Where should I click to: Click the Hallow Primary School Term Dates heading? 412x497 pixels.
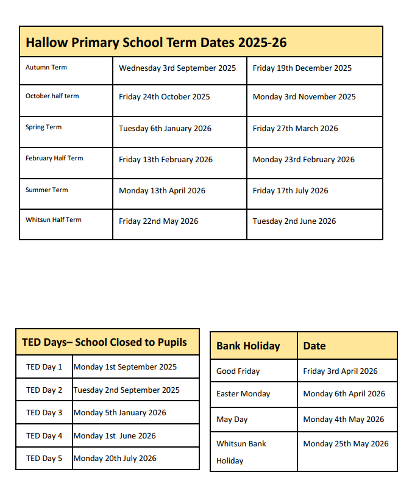(x=156, y=43)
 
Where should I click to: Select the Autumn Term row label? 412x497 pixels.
(x=46, y=68)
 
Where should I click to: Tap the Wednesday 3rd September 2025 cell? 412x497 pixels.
(x=177, y=68)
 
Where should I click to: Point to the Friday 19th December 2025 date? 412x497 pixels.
(x=302, y=68)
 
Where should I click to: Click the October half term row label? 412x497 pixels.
(x=52, y=96)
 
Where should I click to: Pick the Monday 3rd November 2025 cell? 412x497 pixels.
(x=304, y=97)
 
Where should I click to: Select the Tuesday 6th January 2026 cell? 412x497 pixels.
(x=165, y=129)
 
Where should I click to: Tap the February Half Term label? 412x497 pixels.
(x=54, y=159)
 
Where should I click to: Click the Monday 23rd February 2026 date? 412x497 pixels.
(x=304, y=160)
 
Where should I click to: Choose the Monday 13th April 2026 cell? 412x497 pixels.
(x=162, y=191)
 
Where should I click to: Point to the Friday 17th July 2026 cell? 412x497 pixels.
(x=291, y=191)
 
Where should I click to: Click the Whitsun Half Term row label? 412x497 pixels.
(x=54, y=220)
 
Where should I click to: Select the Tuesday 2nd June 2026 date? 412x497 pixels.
(x=294, y=221)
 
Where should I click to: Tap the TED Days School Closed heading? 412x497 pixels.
(x=104, y=342)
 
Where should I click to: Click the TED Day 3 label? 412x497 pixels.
(x=44, y=413)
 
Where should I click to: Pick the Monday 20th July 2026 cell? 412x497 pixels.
(x=115, y=459)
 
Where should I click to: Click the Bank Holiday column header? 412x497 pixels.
(x=248, y=346)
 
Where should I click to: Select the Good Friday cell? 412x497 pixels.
(x=238, y=371)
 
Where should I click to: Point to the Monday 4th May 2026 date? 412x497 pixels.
(x=344, y=420)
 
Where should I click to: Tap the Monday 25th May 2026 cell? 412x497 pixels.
(x=346, y=444)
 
